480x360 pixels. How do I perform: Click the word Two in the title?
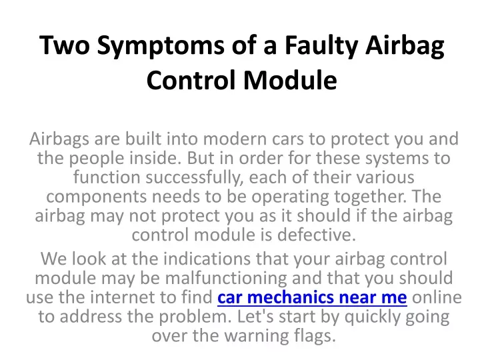coord(65,45)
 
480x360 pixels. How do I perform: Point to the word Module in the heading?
coord(290,80)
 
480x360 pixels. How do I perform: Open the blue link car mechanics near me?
coord(312,297)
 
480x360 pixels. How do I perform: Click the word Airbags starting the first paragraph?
coord(59,139)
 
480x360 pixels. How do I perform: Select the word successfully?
coord(195,177)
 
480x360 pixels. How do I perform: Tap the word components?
coord(97,197)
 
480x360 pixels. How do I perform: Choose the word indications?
coord(207,259)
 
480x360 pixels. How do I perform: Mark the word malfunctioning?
coord(226,278)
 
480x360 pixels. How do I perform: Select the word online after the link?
coord(437,297)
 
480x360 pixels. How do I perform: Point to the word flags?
coord(315,336)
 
